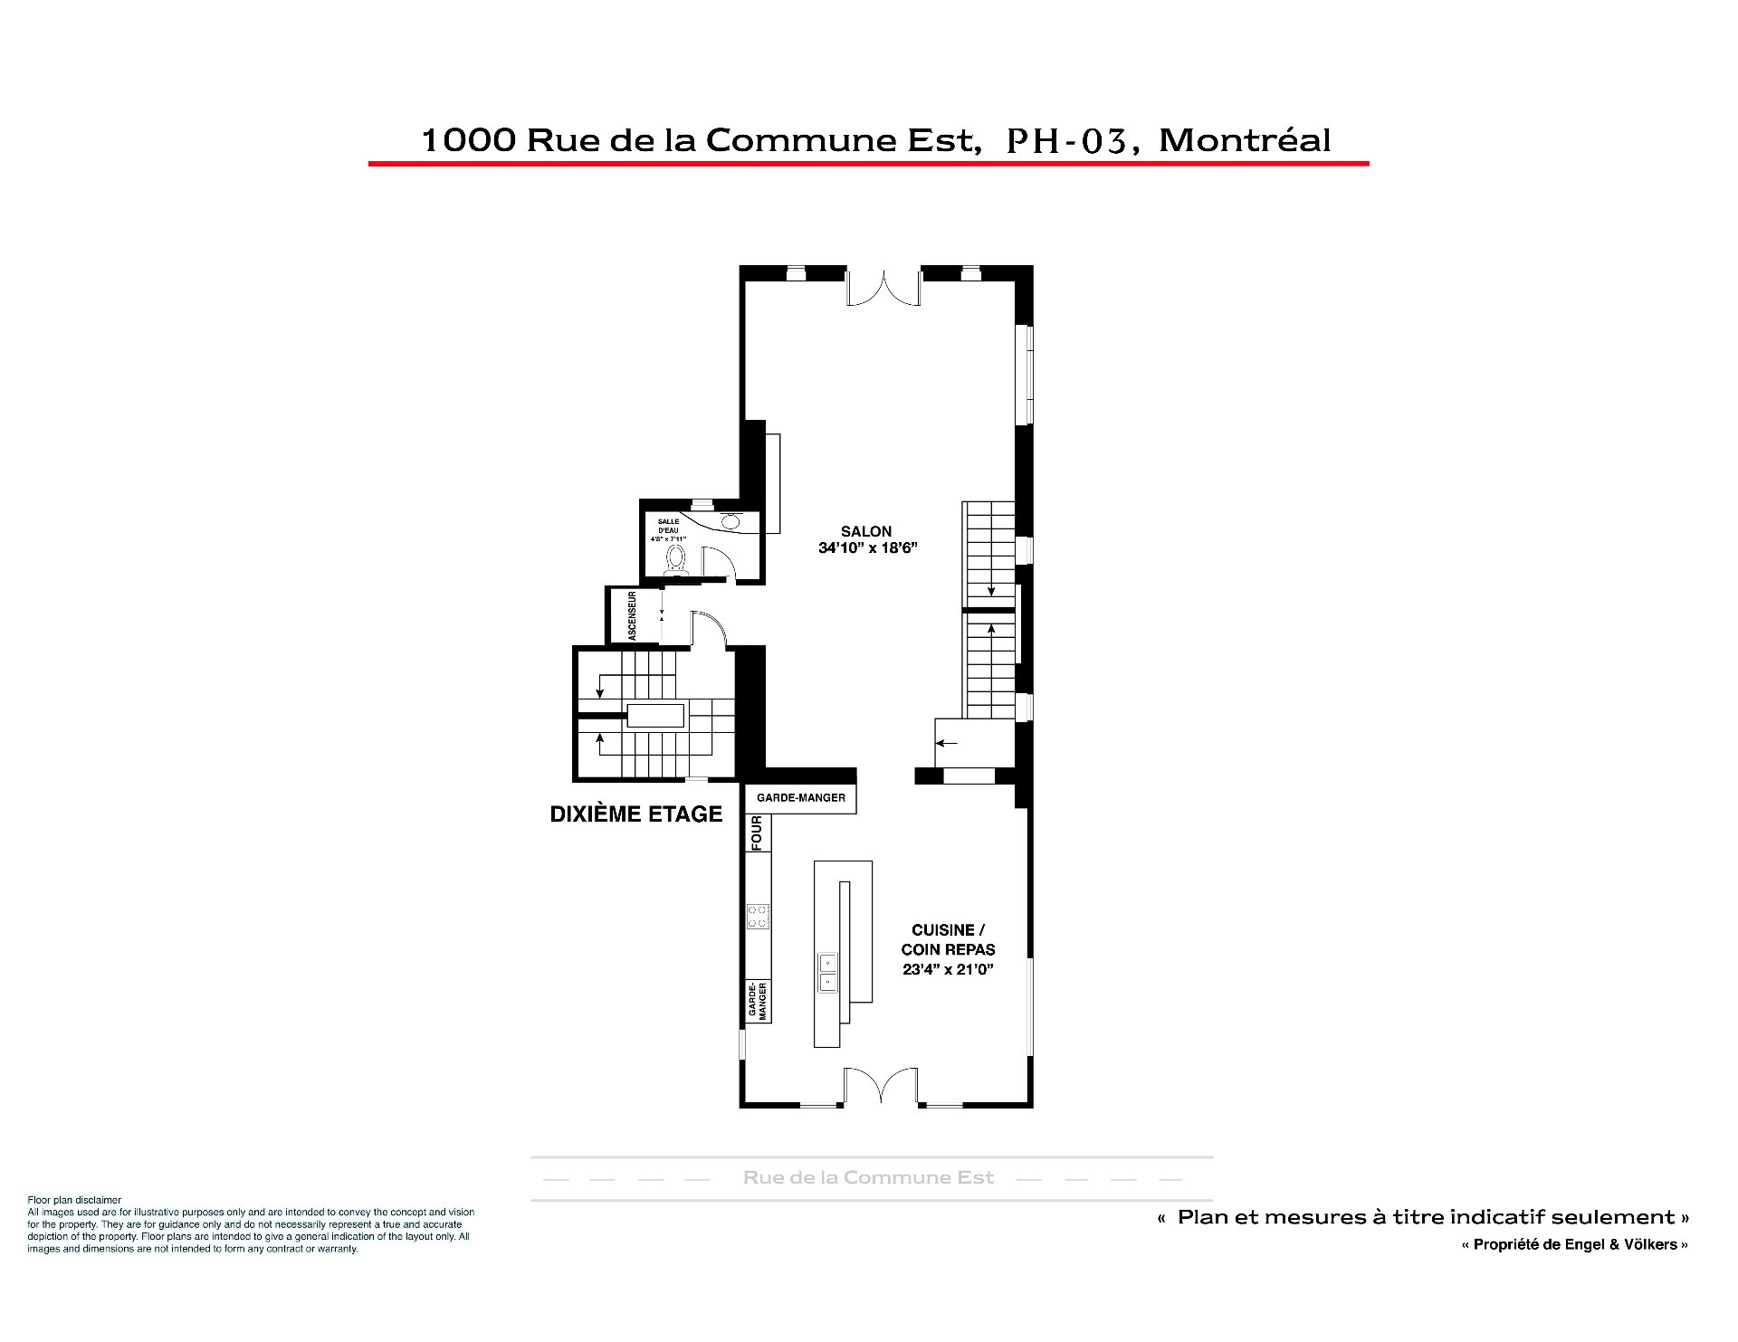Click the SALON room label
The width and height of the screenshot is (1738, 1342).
point(866,531)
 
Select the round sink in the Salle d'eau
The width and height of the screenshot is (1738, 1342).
point(731,520)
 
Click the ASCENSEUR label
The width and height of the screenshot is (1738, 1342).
point(633,615)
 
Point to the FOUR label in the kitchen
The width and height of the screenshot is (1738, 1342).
point(758,833)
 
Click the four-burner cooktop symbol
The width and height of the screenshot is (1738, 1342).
point(758,916)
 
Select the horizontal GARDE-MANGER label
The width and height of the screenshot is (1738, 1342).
point(801,797)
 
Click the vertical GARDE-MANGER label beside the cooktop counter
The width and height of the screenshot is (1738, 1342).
point(758,1001)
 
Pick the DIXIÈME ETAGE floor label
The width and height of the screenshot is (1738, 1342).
point(636,814)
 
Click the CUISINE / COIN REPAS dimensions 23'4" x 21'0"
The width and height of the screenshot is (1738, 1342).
point(949,969)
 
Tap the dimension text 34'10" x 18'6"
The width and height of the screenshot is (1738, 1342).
point(868,547)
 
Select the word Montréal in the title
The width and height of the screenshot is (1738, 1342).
point(1245,139)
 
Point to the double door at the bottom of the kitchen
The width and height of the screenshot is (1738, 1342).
point(881,1086)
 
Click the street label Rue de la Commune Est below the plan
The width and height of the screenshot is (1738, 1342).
point(869,1177)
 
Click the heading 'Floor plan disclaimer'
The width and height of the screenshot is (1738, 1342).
point(74,1200)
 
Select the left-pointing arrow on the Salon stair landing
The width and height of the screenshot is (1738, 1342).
point(947,744)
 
